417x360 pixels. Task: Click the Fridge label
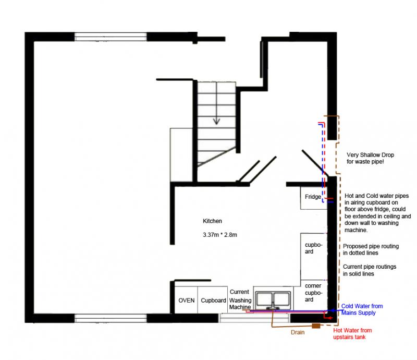(x=313, y=197)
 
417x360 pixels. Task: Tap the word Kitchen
(x=212, y=221)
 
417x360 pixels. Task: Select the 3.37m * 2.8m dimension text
(x=219, y=235)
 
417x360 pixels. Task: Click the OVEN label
(x=187, y=301)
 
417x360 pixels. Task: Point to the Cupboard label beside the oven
(x=213, y=301)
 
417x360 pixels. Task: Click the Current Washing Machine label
(x=240, y=299)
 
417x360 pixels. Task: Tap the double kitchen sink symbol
(x=273, y=300)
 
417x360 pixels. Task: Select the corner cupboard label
(x=313, y=293)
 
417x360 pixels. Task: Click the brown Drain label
(x=298, y=332)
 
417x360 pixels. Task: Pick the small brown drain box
(x=316, y=326)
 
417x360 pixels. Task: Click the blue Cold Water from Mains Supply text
(x=362, y=309)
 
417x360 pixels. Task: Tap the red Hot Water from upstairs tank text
(x=352, y=333)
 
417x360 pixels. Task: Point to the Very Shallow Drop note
(x=370, y=158)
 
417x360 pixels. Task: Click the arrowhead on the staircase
(x=216, y=122)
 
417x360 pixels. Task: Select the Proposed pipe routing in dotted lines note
(x=371, y=249)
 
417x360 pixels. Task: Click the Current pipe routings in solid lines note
(x=370, y=270)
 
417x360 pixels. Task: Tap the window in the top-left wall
(x=111, y=37)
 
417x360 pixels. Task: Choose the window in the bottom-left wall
(x=111, y=318)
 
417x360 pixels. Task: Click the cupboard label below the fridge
(x=314, y=248)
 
